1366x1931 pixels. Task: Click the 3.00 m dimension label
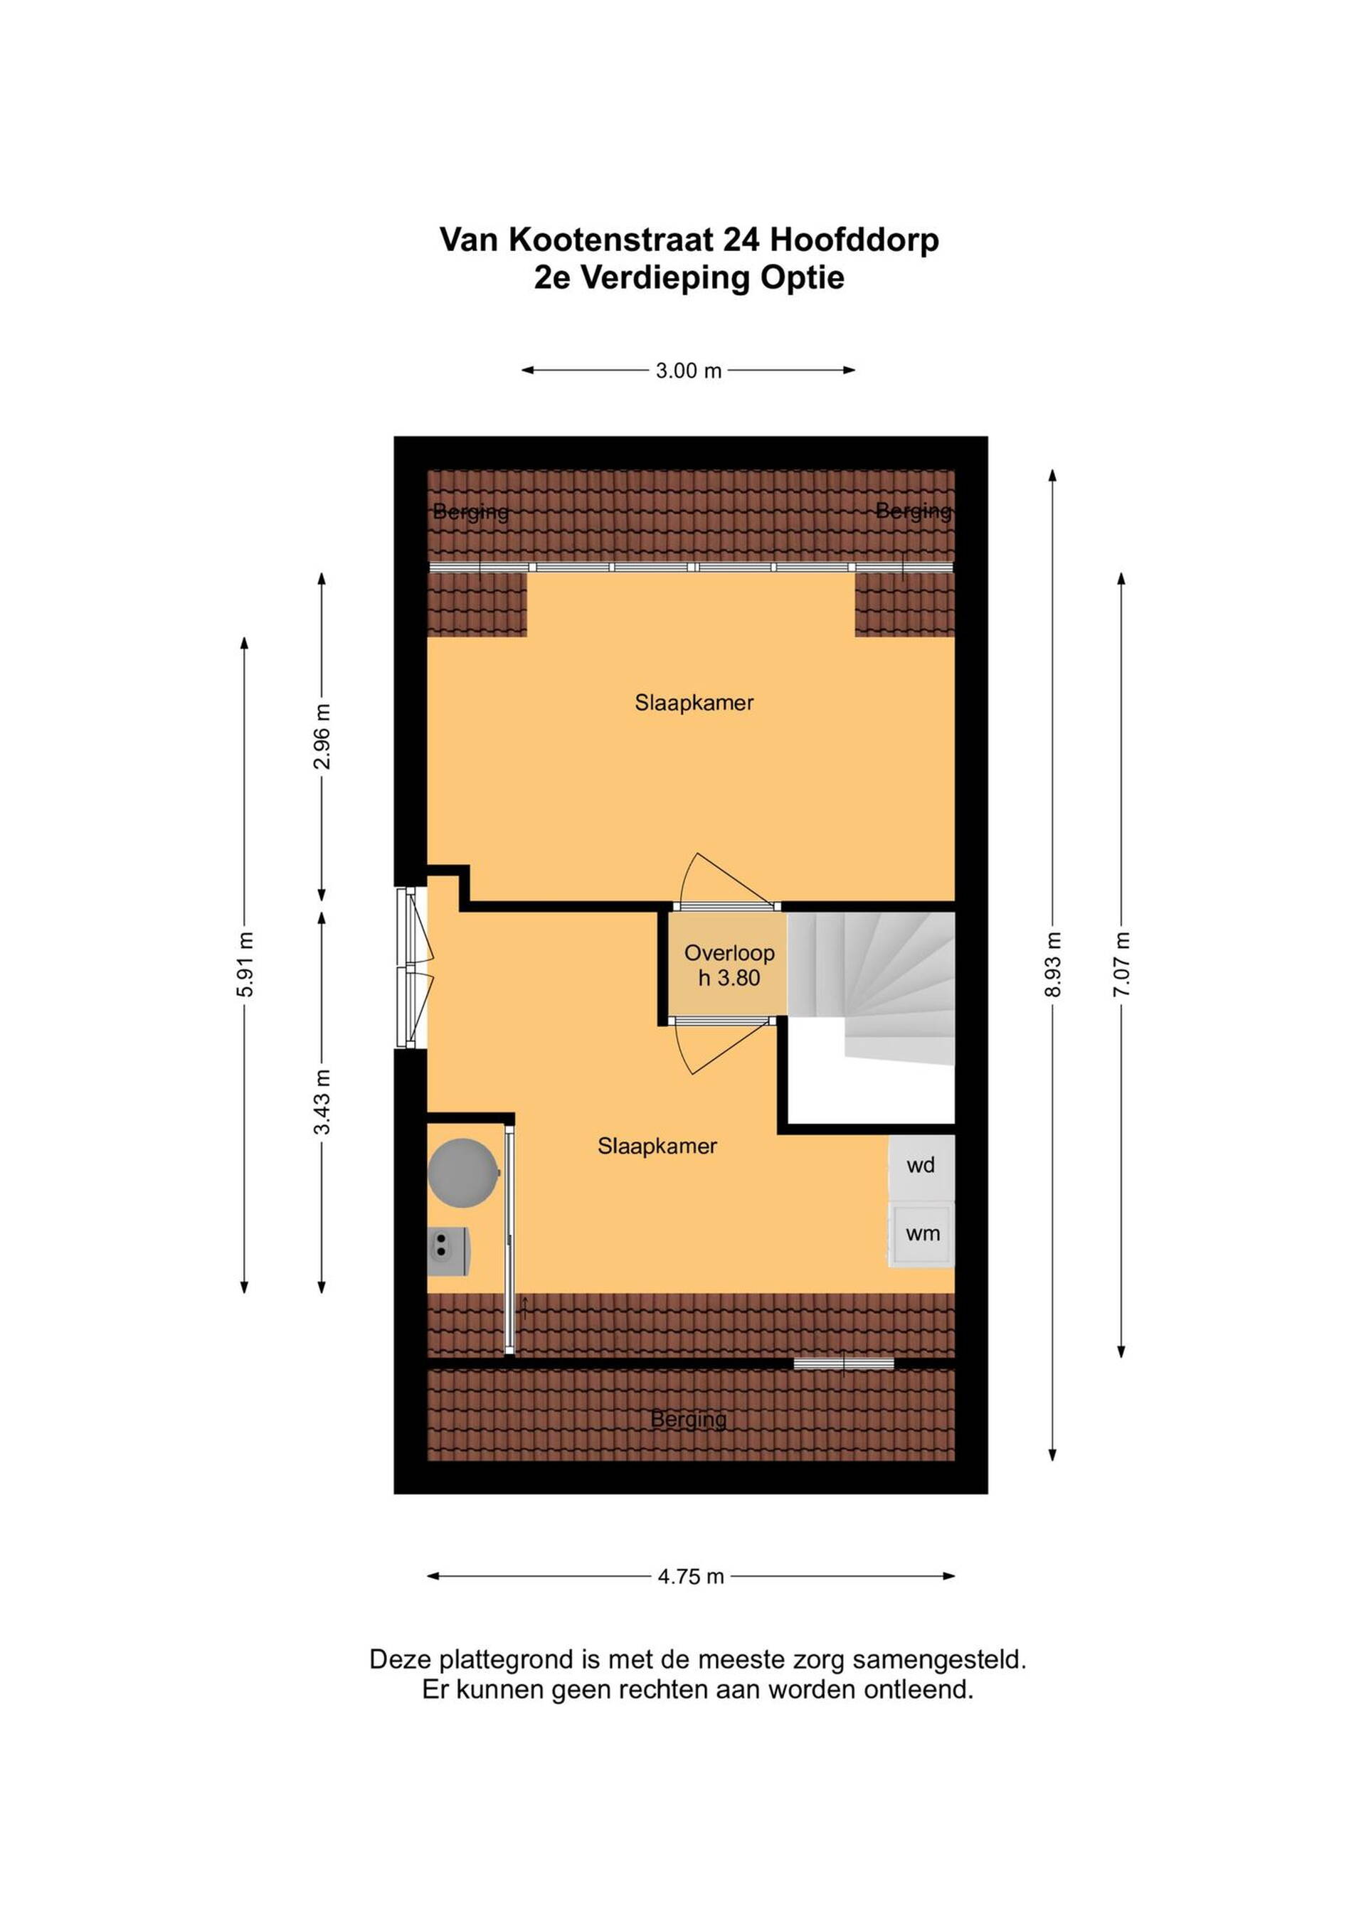coord(689,371)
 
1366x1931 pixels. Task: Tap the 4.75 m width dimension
coord(691,1577)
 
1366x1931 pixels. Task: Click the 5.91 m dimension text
coord(245,964)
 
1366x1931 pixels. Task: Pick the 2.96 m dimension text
coord(322,737)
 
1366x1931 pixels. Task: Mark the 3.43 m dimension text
coord(322,1102)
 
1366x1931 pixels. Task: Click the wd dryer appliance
coord(921,1166)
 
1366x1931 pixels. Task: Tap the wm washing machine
coord(922,1234)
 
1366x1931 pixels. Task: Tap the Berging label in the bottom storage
coord(689,1420)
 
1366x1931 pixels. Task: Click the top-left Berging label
coord(471,511)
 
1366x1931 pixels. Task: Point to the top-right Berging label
coord(914,511)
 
